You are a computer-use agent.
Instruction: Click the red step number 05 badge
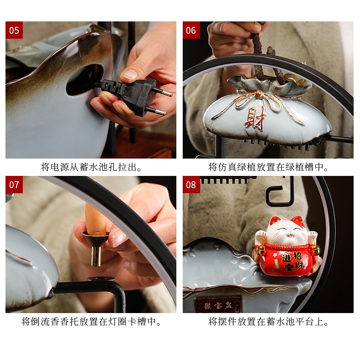pos(14,30)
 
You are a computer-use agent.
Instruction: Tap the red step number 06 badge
pos(191,30)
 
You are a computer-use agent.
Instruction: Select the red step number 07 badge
pos(14,185)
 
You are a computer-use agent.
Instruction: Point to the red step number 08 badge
pos(191,185)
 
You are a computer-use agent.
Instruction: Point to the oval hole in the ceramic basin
pos(84,80)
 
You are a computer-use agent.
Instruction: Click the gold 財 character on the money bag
pos(255,118)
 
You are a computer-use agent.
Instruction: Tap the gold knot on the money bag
pos(258,93)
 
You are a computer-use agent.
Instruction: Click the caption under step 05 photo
pos(91,167)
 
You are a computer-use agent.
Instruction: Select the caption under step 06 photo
pos(268,167)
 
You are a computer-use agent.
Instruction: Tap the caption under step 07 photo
pos(91,321)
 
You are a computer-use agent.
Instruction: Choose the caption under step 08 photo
pos(268,321)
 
